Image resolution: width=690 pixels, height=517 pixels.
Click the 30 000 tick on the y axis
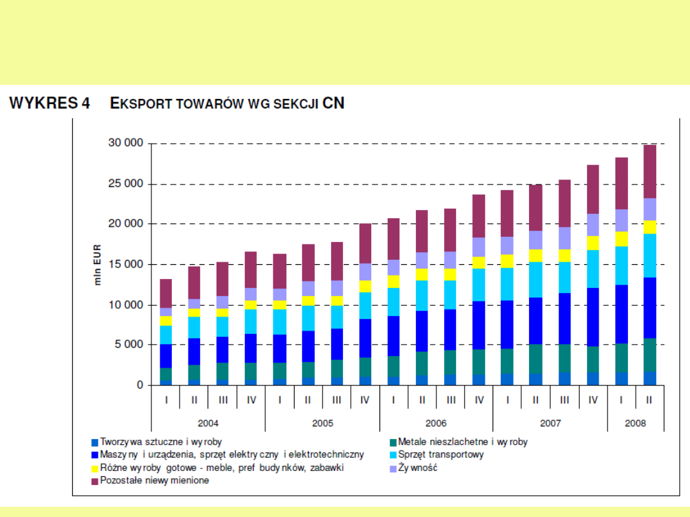tap(124, 144)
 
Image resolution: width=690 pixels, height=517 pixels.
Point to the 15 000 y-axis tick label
tap(124, 264)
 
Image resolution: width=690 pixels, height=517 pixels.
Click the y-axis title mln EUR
tap(98, 264)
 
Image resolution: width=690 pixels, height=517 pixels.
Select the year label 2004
tap(208, 423)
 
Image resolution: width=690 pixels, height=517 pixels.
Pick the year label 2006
tap(436, 423)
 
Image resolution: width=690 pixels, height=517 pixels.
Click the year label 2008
tap(635, 423)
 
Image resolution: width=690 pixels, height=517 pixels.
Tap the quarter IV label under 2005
tap(365, 400)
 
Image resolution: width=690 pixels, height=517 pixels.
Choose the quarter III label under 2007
tap(564, 400)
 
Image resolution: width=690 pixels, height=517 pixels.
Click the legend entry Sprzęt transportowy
tap(441, 454)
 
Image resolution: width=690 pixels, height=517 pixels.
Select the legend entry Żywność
tap(418, 468)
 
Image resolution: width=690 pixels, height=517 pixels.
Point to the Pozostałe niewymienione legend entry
tap(154, 481)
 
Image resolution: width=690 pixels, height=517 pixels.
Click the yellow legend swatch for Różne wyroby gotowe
tap(95, 468)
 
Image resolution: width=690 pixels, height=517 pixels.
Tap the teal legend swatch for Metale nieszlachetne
tap(393, 442)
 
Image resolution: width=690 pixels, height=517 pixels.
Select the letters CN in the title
tap(333, 103)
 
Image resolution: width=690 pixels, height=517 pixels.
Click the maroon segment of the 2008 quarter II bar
tap(649, 172)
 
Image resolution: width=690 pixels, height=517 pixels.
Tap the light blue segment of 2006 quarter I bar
tap(394, 302)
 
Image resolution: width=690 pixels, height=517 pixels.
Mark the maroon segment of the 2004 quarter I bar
tap(165, 294)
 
